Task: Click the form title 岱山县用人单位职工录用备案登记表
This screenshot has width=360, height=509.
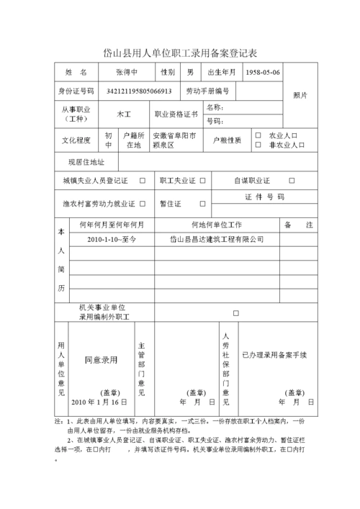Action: tap(180, 53)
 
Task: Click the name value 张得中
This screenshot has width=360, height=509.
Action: tap(131, 73)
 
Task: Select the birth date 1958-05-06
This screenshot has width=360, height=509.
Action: tap(263, 73)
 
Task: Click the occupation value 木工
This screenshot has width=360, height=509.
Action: tap(124, 114)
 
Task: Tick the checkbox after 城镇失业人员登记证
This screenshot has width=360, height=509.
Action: tap(142, 181)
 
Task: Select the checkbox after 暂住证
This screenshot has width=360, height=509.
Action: tap(203, 204)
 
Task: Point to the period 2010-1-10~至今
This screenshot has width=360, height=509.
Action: tap(112, 239)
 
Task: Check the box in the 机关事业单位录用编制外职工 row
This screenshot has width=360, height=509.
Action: tap(235, 313)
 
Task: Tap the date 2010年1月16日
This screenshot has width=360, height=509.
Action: tap(99, 401)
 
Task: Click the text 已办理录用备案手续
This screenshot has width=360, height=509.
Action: tap(274, 355)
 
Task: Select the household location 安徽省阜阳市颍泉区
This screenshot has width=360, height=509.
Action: tap(174, 140)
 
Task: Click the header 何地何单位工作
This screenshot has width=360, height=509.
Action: tap(216, 225)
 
